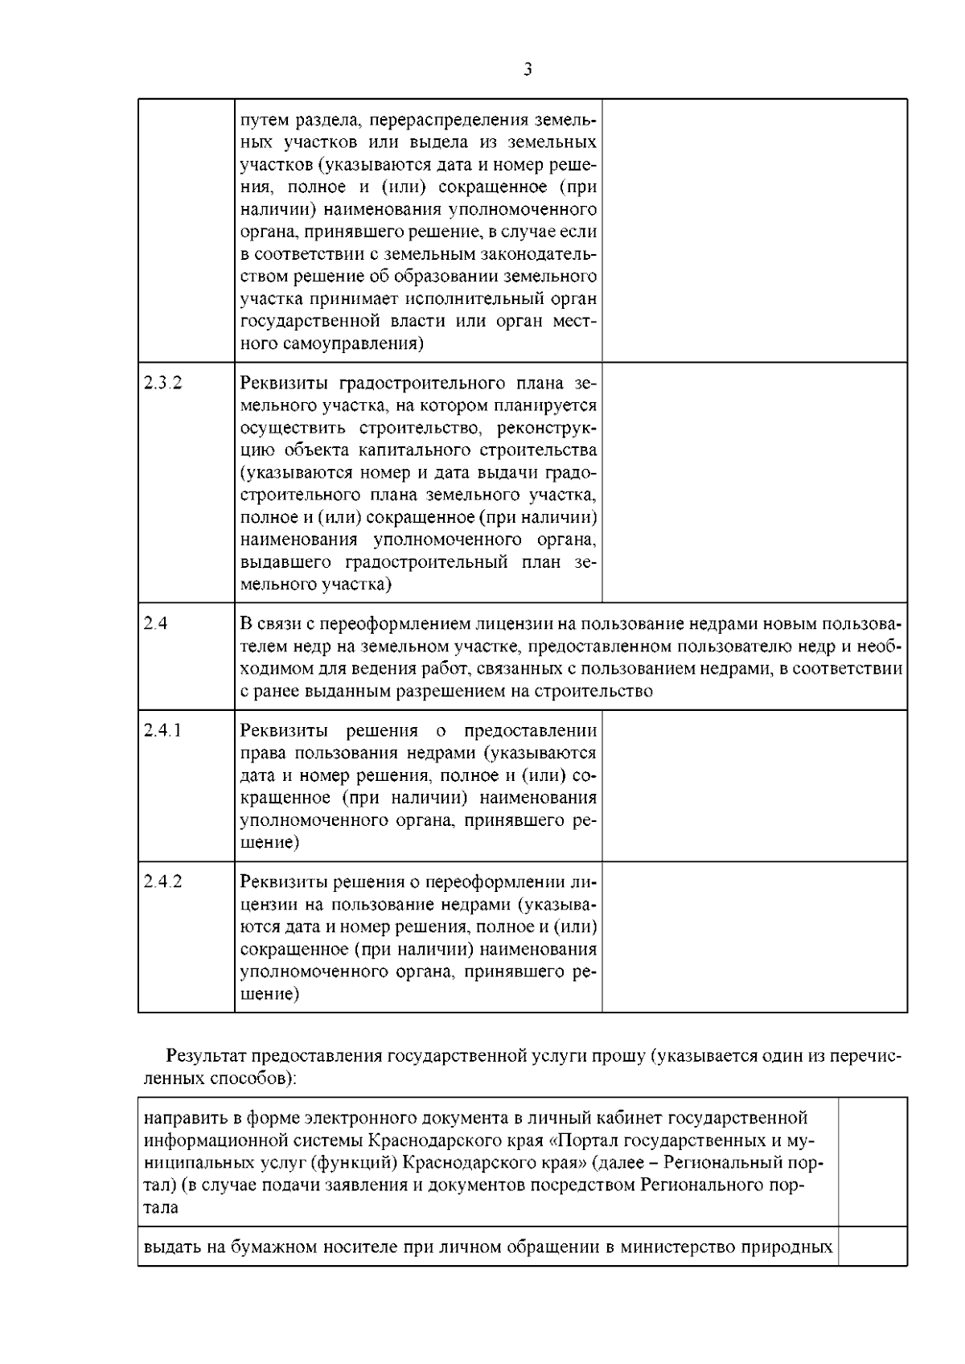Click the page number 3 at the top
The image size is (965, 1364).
coord(528,70)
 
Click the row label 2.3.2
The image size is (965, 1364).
coord(163,383)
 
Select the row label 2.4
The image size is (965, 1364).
coord(156,623)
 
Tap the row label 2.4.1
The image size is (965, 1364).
coord(163,730)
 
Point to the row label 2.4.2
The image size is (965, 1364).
coord(163,881)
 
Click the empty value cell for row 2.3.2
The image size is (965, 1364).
coord(754,483)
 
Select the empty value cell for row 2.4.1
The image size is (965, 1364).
coord(754,785)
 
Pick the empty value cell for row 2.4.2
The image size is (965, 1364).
coord(754,937)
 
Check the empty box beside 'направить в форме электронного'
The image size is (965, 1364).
coord(873,1161)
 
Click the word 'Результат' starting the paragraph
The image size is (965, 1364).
coord(207,1056)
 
